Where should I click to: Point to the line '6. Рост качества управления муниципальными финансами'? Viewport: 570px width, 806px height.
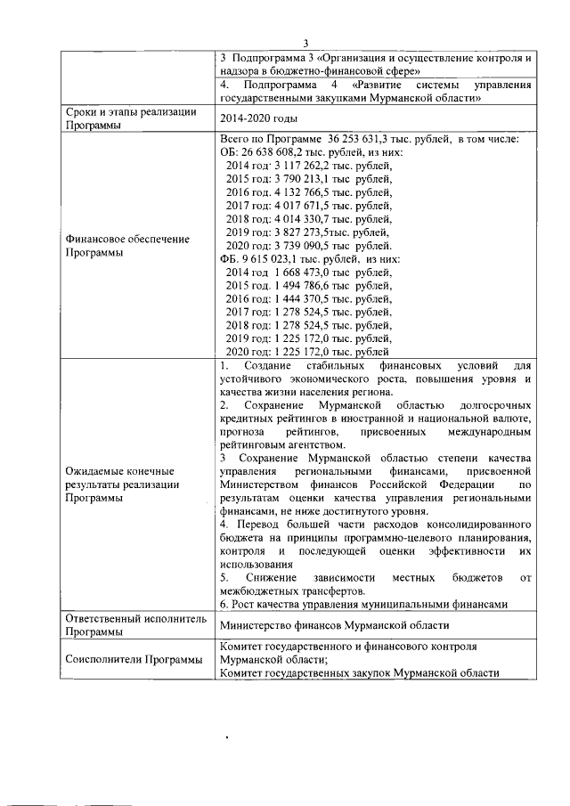pyautogui.click(x=363, y=604)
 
